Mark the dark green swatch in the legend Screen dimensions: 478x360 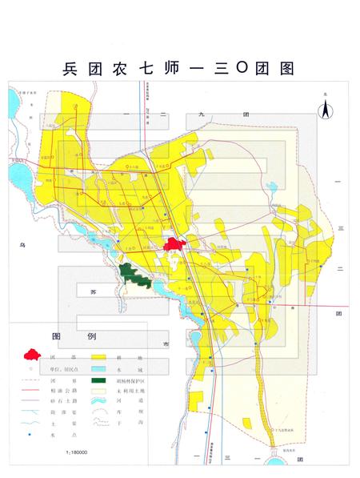point(99,380)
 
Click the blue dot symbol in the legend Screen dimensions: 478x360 point(33,434)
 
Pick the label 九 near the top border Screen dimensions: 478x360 point(225,116)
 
